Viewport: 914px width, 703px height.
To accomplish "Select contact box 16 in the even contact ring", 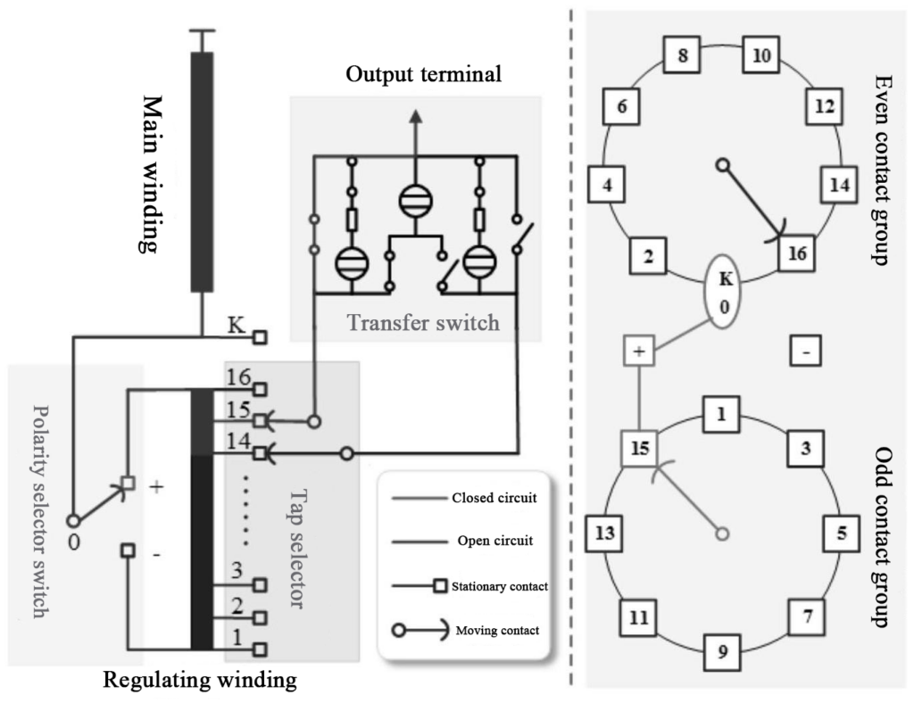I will tap(797, 254).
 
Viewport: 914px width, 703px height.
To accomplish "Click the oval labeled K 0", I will tap(727, 290).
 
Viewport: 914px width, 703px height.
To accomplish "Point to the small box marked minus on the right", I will tap(806, 353).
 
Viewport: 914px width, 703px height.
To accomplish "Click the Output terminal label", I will tap(424, 74).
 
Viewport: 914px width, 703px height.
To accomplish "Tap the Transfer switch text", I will tap(423, 322).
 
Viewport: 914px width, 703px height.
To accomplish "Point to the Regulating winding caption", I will tap(200, 681).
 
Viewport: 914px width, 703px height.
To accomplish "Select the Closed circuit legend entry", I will tap(494, 498).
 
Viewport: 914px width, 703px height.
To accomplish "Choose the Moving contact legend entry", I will tap(497, 630).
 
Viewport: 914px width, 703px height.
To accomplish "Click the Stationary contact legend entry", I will tap(499, 586).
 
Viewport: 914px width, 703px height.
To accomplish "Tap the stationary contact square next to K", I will tap(261, 337).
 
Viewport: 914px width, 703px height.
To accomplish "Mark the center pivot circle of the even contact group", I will tap(723, 165).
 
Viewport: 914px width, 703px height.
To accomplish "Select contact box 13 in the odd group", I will tap(605, 533).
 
